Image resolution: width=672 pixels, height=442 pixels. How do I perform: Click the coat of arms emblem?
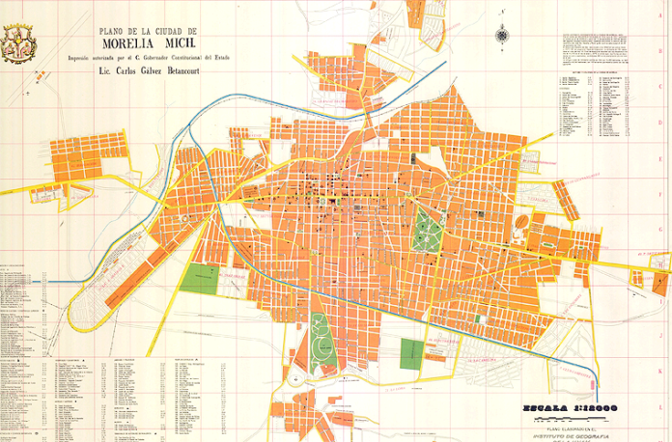(19, 41)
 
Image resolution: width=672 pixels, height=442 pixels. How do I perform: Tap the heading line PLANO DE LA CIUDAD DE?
(160, 30)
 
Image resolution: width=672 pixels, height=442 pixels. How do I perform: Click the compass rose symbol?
(501, 36)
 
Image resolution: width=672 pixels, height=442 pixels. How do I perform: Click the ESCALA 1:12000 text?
(571, 406)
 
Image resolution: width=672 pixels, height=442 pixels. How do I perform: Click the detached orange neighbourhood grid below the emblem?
(76, 159)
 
